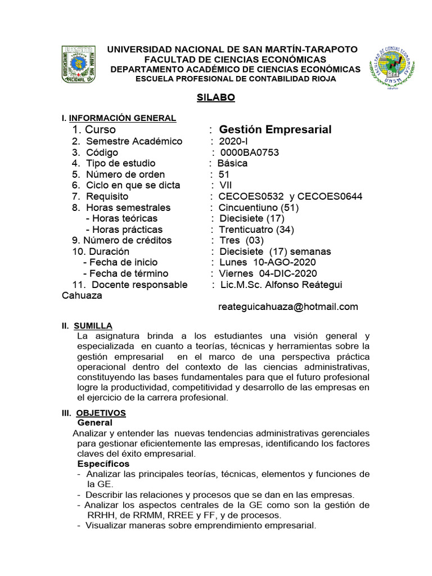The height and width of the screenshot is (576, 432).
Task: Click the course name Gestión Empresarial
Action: pyautogui.click(x=275, y=130)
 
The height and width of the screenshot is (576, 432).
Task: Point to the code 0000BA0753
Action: pyautogui.click(x=249, y=152)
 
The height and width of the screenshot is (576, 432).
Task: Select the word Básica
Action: pyautogui.click(x=232, y=164)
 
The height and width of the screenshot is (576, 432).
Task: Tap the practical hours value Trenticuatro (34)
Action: pyautogui.click(x=256, y=229)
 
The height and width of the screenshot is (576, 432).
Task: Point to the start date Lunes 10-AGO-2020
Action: pyautogui.click(x=267, y=263)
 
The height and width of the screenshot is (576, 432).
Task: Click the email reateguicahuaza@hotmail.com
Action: pyautogui.click(x=287, y=307)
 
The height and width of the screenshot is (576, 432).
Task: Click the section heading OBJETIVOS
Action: pyautogui.click(x=101, y=413)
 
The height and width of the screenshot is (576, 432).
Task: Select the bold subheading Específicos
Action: pyautogui.click(x=103, y=464)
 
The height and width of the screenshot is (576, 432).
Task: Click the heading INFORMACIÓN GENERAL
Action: pyautogui.click(x=122, y=118)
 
